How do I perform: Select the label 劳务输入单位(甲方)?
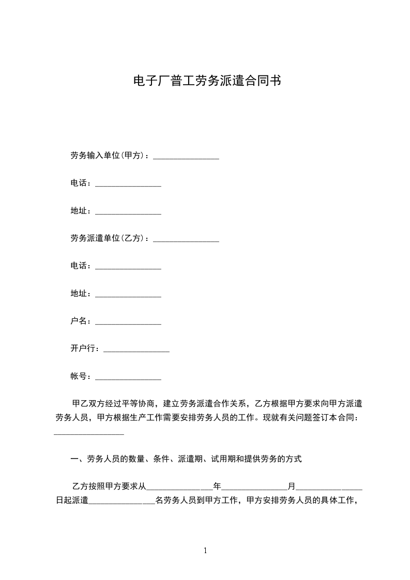(107, 156)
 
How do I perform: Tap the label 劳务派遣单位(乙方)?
(107, 238)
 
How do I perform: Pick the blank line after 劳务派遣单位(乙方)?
(186, 240)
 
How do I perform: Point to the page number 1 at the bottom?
(205, 551)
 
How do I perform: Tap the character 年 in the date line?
(217, 486)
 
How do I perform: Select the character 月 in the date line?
(292, 486)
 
